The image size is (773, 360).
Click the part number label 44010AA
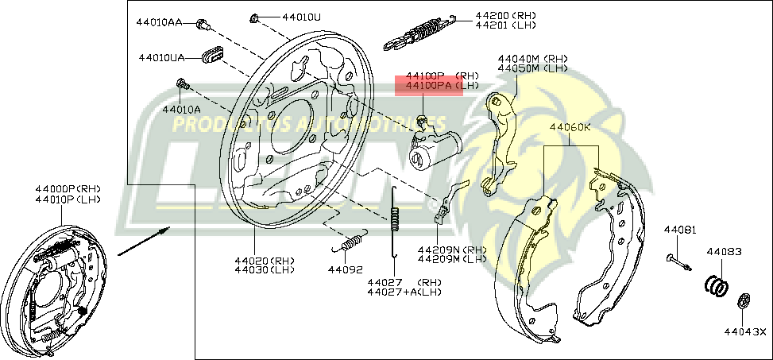pos(162,22)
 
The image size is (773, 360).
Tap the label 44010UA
pos(161,57)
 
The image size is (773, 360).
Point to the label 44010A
pos(181,108)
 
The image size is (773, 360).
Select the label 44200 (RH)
pos(505,15)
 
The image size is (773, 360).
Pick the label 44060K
pos(569,126)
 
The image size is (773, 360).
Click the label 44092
pos(346,269)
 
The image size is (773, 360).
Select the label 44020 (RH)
pos(264,261)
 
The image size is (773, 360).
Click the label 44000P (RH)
pos(68,188)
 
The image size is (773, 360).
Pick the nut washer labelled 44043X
pos(745,300)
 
